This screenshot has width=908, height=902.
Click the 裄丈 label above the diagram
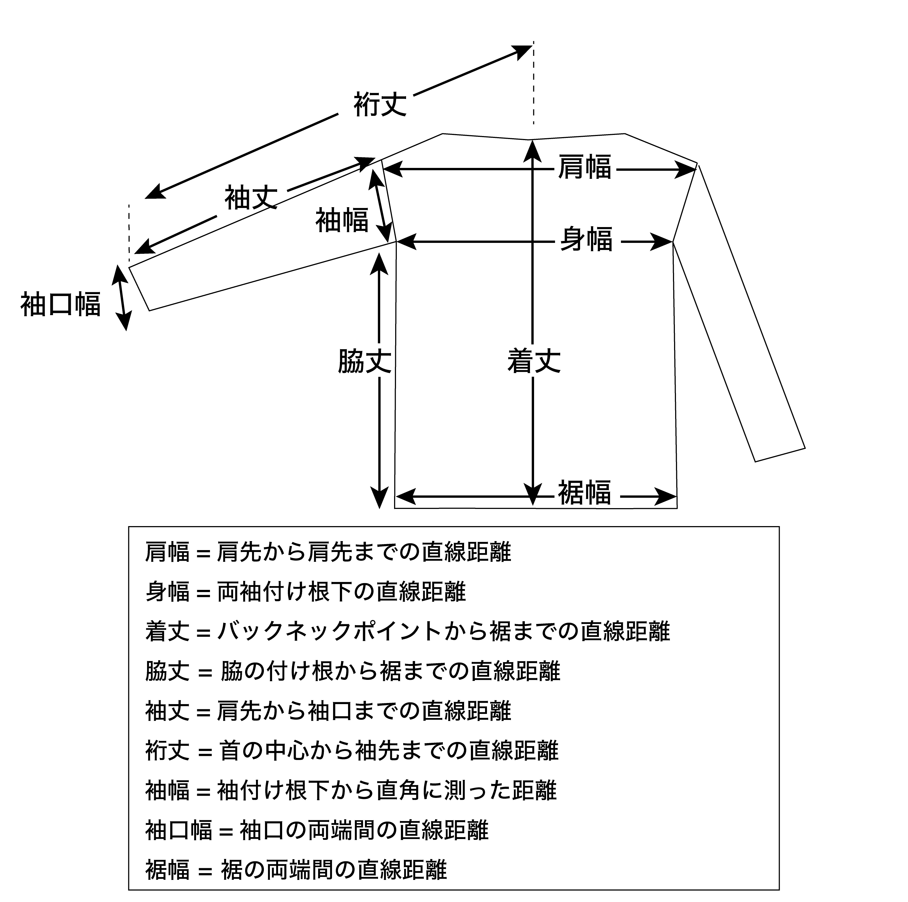[380, 104]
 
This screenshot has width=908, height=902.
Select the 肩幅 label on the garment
[585, 167]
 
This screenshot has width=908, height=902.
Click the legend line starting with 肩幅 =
[328, 552]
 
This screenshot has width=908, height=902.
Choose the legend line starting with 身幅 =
[306, 592]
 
